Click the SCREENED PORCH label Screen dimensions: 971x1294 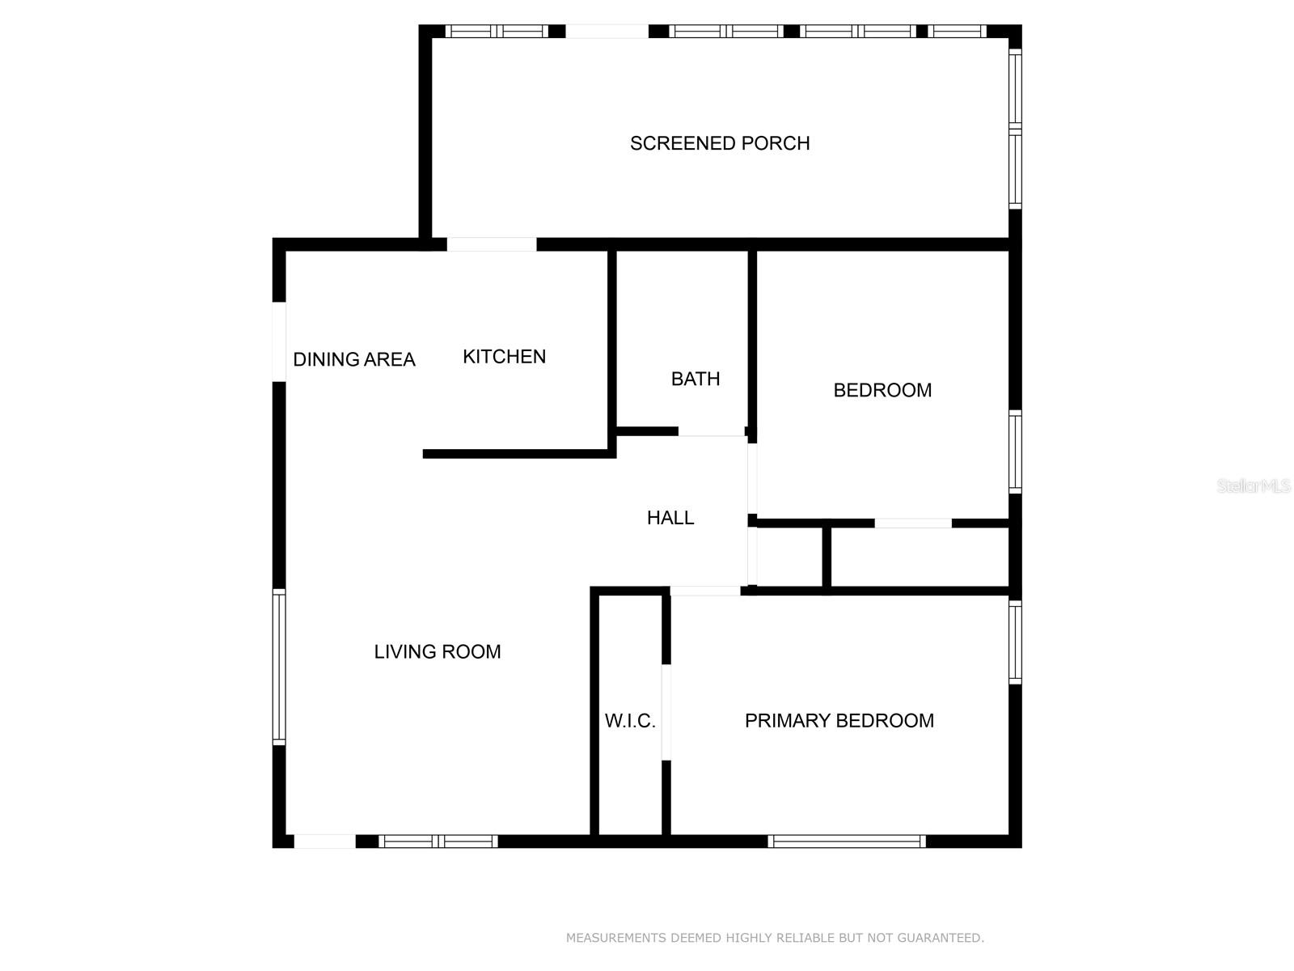point(720,143)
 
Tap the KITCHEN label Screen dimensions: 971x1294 point(504,357)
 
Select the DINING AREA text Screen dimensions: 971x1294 point(353,359)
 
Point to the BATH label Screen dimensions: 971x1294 point(696,379)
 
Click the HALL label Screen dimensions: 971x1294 point(670,518)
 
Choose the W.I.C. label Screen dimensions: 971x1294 point(630,721)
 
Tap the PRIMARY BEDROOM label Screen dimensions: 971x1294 point(839,721)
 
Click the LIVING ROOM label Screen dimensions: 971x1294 point(437,651)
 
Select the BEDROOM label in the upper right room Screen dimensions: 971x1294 point(882,390)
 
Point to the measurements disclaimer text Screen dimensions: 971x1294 point(775,938)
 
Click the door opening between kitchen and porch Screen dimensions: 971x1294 point(492,244)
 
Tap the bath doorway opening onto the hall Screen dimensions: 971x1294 point(711,432)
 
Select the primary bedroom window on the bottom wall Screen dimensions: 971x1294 point(846,842)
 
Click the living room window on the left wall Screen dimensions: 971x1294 point(279,666)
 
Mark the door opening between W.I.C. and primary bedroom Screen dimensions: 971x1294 point(666,712)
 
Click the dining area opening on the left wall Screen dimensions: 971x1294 point(279,341)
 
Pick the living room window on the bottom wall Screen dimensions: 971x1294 point(438,842)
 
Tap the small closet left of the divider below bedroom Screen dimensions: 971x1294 point(790,558)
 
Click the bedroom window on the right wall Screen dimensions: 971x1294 point(1015,452)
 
